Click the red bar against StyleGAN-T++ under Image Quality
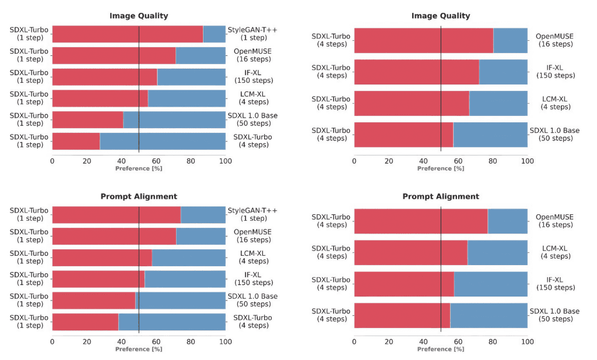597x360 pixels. [127, 34]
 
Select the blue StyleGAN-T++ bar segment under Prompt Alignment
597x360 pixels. [203, 214]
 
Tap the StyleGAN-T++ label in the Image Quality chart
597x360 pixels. [252, 34]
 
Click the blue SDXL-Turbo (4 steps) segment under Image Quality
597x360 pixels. [163, 141]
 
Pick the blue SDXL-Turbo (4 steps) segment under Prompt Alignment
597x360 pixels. [172, 322]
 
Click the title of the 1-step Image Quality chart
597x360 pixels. [139, 16]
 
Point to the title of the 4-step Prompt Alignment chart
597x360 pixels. [441, 196]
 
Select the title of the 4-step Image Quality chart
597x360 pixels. [441, 16]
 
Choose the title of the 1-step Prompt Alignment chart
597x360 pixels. [139, 196]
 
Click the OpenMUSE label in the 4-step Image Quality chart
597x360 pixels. [554, 40]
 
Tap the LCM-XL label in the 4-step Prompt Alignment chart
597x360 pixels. [554, 252]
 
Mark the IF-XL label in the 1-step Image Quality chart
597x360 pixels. [252, 76]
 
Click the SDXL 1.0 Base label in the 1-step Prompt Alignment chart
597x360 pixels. [252, 300]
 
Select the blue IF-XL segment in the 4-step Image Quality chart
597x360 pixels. [503, 72]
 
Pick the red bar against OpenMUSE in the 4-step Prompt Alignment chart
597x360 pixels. [420, 221]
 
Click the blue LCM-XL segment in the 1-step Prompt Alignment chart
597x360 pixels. [189, 257]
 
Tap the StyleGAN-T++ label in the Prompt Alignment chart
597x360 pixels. [252, 214]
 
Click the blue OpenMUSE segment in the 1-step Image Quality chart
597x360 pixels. [201, 55]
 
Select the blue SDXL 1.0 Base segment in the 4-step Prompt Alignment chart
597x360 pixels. [489, 315]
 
